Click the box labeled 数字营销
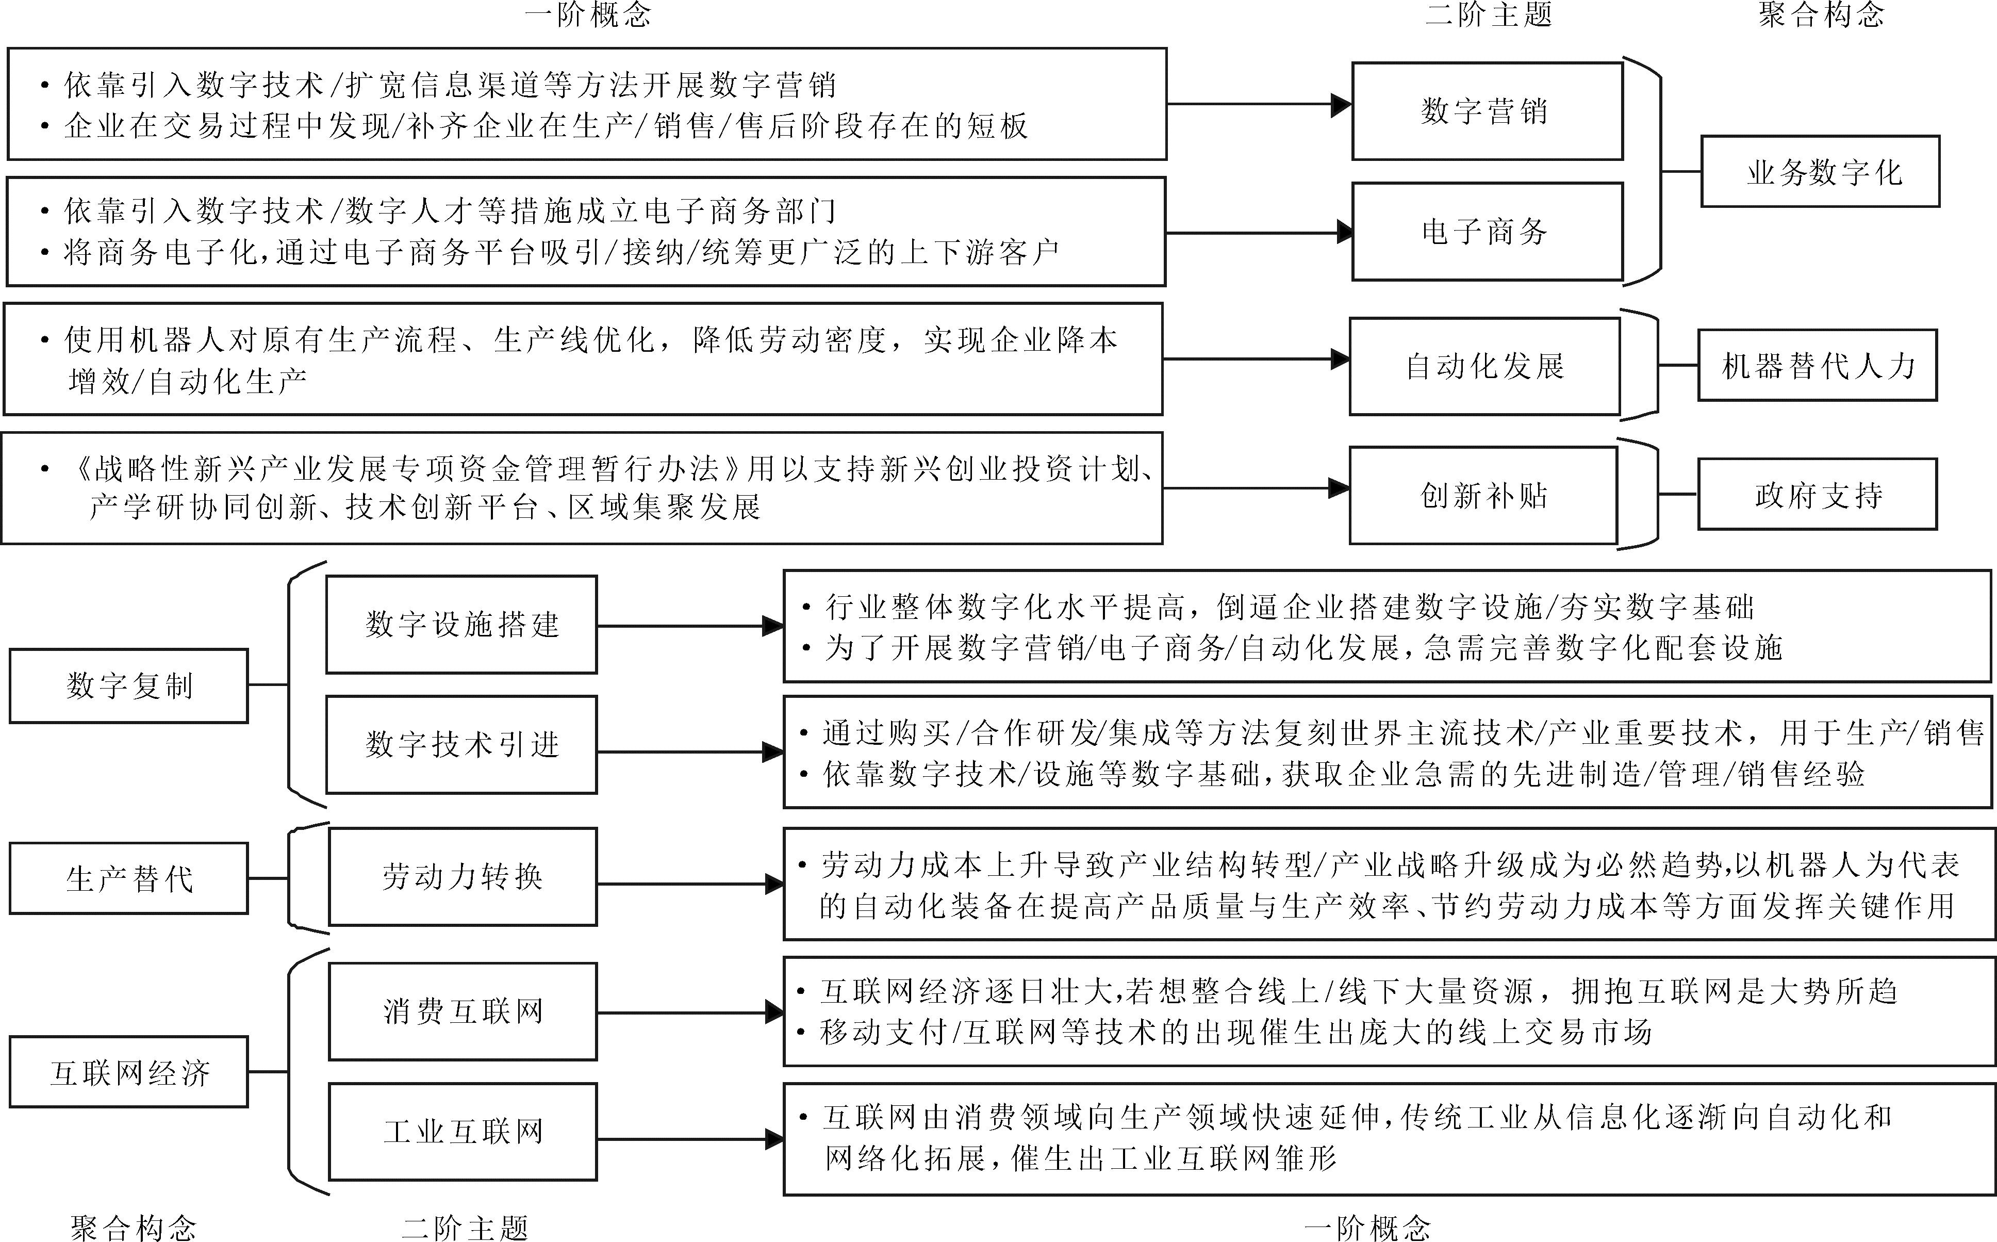[x=1487, y=111]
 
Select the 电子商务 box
[x=1487, y=232]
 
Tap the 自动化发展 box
[x=1484, y=366]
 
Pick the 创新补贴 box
[x=1483, y=495]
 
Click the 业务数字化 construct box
[x=1821, y=172]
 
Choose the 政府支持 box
[x=1817, y=495]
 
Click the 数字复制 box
[x=129, y=686]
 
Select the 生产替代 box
[x=129, y=878]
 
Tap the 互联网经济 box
[x=129, y=1072]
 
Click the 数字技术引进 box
[x=461, y=745]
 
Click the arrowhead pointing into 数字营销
[x=1341, y=104]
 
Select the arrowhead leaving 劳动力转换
[x=774, y=884]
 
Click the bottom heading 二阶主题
[x=465, y=1228]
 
